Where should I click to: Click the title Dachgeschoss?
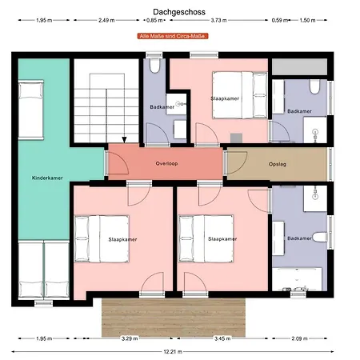coord(179,12)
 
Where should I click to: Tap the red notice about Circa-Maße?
coord(173,36)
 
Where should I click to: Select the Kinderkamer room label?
coord(47,178)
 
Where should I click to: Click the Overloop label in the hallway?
coord(166,163)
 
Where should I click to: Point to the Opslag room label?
coord(278,164)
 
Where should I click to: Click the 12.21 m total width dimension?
coord(173,352)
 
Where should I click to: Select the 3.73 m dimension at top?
coord(218,20)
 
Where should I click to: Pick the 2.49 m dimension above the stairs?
coord(106,20)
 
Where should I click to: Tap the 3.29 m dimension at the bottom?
coord(130,338)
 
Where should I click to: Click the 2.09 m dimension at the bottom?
coord(299,338)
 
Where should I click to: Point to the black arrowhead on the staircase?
coord(124,140)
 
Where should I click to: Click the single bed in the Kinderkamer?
coord(31,110)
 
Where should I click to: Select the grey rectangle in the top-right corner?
coord(299,66)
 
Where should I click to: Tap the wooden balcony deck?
coord(174,318)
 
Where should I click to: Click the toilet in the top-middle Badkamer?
coord(154,66)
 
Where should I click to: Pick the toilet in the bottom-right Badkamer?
coord(319,237)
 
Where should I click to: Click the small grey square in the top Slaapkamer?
coord(236,138)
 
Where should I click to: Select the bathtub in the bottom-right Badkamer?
coord(297,279)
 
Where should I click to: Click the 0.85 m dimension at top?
coord(154,20)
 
